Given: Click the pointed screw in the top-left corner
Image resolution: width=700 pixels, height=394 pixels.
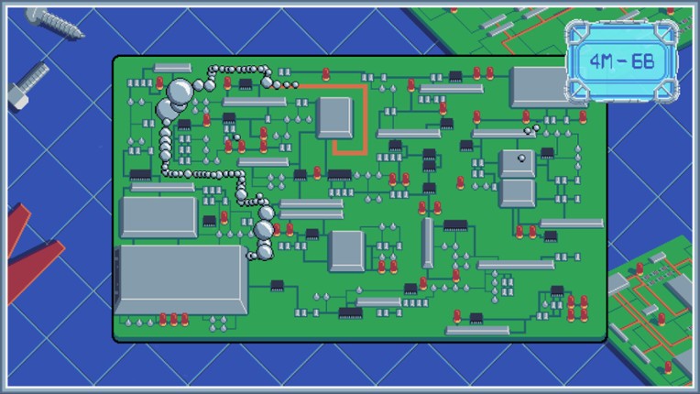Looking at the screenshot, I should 53,22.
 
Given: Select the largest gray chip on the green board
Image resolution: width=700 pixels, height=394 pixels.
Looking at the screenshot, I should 180,279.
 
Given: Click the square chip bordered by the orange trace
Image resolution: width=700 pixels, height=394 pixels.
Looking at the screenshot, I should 334,118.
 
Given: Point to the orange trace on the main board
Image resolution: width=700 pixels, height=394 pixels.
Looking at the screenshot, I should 363,115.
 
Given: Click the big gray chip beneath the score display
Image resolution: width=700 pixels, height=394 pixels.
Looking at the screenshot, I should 541,86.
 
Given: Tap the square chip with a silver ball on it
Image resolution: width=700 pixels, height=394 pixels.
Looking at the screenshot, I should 518,163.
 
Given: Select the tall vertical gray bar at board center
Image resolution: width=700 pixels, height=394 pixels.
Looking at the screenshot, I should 427,243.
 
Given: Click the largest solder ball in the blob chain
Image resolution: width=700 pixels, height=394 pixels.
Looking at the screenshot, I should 181,90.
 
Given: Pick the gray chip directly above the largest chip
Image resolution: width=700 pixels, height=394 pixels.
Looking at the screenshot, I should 159,217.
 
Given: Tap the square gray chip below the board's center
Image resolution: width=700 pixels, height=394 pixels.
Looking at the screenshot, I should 346,251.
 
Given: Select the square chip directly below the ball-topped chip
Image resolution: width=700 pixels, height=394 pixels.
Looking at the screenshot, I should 518,192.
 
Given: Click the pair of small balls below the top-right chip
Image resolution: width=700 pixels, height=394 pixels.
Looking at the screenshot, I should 530,131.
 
